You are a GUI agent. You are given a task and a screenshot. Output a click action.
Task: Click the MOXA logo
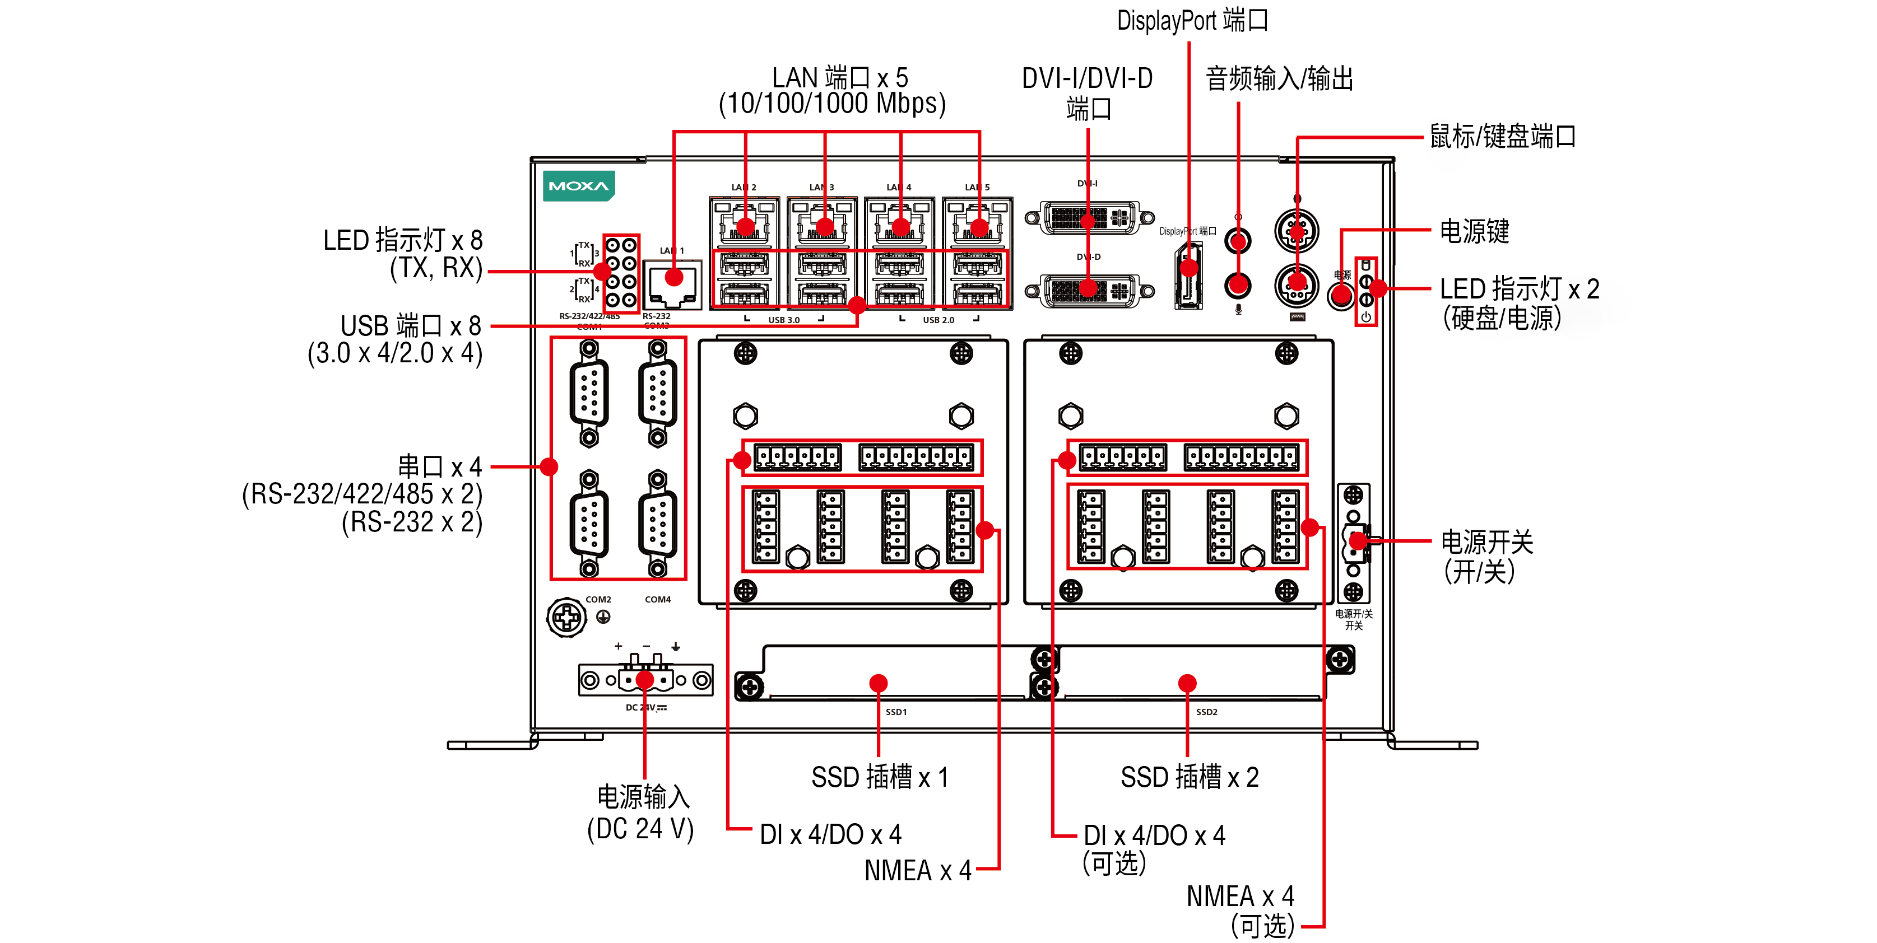click(578, 186)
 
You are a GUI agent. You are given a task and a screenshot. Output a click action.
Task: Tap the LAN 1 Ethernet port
click(672, 284)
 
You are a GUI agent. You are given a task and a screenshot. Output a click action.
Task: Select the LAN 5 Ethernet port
click(977, 222)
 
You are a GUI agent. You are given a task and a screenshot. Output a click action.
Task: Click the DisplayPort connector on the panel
click(1188, 276)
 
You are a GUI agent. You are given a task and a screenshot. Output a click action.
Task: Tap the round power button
click(1341, 296)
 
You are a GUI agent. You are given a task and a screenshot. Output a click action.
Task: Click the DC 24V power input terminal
click(645, 679)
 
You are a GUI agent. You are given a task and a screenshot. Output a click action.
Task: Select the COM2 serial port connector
click(589, 524)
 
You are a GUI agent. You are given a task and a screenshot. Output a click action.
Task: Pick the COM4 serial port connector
click(657, 524)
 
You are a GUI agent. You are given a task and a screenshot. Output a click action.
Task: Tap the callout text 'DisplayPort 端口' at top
click(1193, 20)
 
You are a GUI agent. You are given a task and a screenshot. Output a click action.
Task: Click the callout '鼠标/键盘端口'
click(1503, 136)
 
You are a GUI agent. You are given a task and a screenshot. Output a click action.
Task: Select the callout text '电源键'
click(1474, 232)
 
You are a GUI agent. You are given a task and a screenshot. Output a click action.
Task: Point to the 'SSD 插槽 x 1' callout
click(880, 777)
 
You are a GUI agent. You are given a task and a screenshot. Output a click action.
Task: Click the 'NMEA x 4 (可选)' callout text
click(1240, 910)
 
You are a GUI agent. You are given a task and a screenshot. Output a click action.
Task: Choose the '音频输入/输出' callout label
click(1279, 78)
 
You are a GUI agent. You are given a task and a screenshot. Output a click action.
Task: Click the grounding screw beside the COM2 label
click(566, 618)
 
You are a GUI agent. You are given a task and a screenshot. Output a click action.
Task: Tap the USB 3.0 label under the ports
click(783, 320)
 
